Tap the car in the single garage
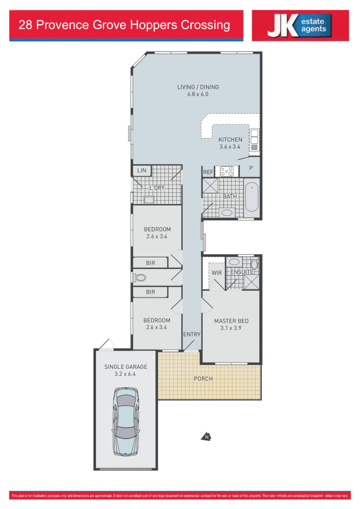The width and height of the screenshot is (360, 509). [125, 422]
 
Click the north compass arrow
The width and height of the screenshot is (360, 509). [206, 437]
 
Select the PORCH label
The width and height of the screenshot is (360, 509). [203, 379]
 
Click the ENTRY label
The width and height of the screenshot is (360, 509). [192, 334]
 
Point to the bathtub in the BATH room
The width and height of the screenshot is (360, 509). [252, 198]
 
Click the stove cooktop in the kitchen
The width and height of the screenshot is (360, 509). [227, 170]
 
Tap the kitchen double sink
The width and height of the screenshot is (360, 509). [254, 141]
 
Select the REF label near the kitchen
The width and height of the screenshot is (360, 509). [208, 172]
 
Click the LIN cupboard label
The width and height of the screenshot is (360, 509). [142, 170]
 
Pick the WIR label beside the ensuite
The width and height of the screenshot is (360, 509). [216, 272]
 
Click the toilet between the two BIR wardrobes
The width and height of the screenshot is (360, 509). [140, 277]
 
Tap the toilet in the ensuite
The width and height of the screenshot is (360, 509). [254, 264]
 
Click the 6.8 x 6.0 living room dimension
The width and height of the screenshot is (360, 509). [198, 95]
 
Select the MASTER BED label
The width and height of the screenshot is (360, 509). [231, 321]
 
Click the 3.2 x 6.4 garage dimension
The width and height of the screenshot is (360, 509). [126, 374]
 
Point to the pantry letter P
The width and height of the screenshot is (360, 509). [251, 168]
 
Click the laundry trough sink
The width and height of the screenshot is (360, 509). [149, 200]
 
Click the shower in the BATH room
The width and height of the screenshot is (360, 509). [209, 186]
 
